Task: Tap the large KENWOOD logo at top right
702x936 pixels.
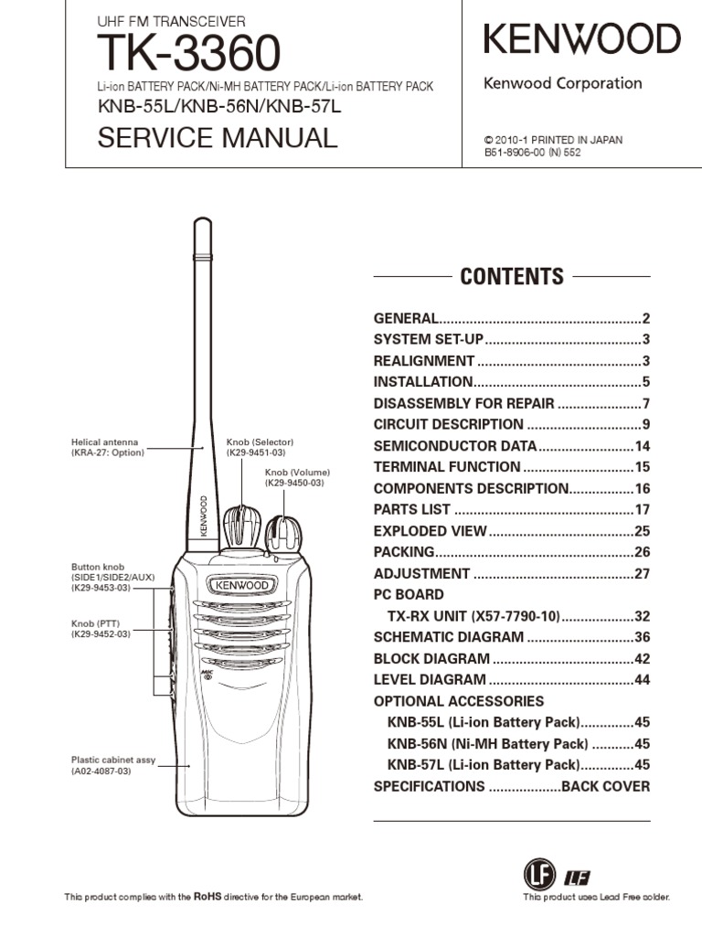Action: pyautogui.click(x=581, y=39)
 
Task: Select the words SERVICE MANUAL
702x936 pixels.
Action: pyautogui.click(x=218, y=138)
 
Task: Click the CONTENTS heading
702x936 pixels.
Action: pyautogui.click(x=512, y=276)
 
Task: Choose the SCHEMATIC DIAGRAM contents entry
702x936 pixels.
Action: pyautogui.click(x=448, y=637)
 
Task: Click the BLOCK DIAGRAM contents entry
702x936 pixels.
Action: pyautogui.click(x=431, y=658)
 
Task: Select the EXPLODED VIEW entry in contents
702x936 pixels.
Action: pyautogui.click(x=430, y=531)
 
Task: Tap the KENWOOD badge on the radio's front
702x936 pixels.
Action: pyautogui.click(x=241, y=585)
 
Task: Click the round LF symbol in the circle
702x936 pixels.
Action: pyautogui.click(x=539, y=875)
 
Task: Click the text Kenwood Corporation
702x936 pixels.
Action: pyautogui.click(x=562, y=83)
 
